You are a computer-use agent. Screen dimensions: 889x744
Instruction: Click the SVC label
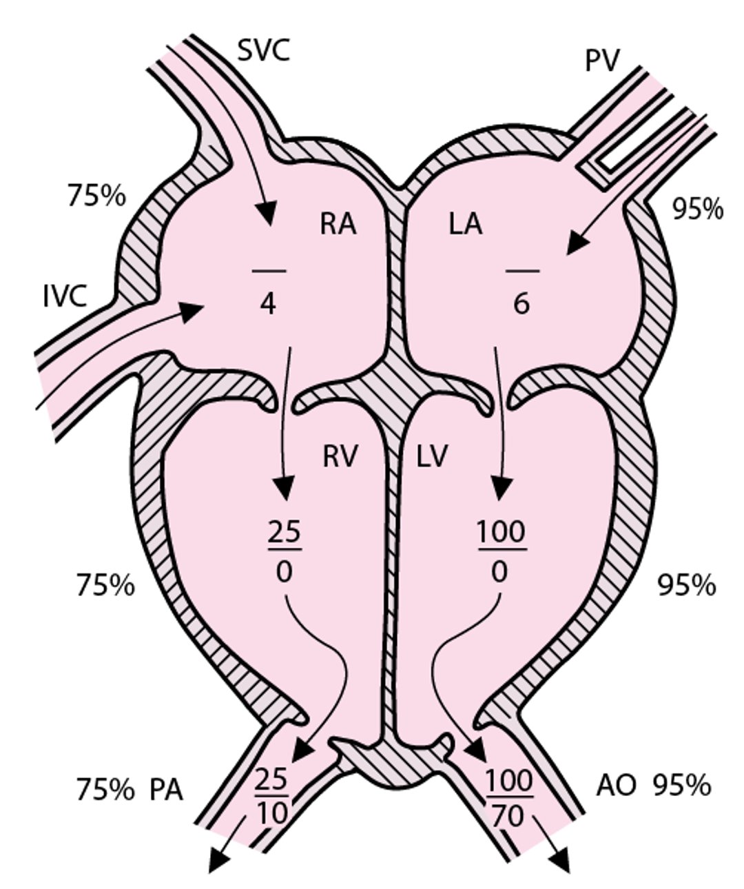[x=263, y=51]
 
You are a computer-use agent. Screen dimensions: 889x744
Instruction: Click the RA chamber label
[x=338, y=225]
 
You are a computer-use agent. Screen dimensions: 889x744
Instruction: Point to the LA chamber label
[x=465, y=225]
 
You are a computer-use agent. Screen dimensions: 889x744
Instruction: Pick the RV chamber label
[x=340, y=456]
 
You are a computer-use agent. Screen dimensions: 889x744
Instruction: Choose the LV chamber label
[x=433, y=456]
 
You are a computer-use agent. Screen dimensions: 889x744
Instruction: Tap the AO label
[x=616, y=786]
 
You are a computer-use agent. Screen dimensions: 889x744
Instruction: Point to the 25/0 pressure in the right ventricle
[x=285, y=551]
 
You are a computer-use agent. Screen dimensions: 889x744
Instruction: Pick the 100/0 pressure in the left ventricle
[x=501, y=551]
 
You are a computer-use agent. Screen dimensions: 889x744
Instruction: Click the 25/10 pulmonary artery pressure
[x=272, y=797]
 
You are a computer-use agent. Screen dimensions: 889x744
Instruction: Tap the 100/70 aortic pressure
[x=510, y=798]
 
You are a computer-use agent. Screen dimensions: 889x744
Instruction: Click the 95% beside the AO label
[x=682, y=786]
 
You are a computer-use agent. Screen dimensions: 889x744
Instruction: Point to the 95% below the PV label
[x=697, y=209]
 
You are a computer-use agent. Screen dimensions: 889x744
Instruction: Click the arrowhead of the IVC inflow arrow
[x=195, y=310]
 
